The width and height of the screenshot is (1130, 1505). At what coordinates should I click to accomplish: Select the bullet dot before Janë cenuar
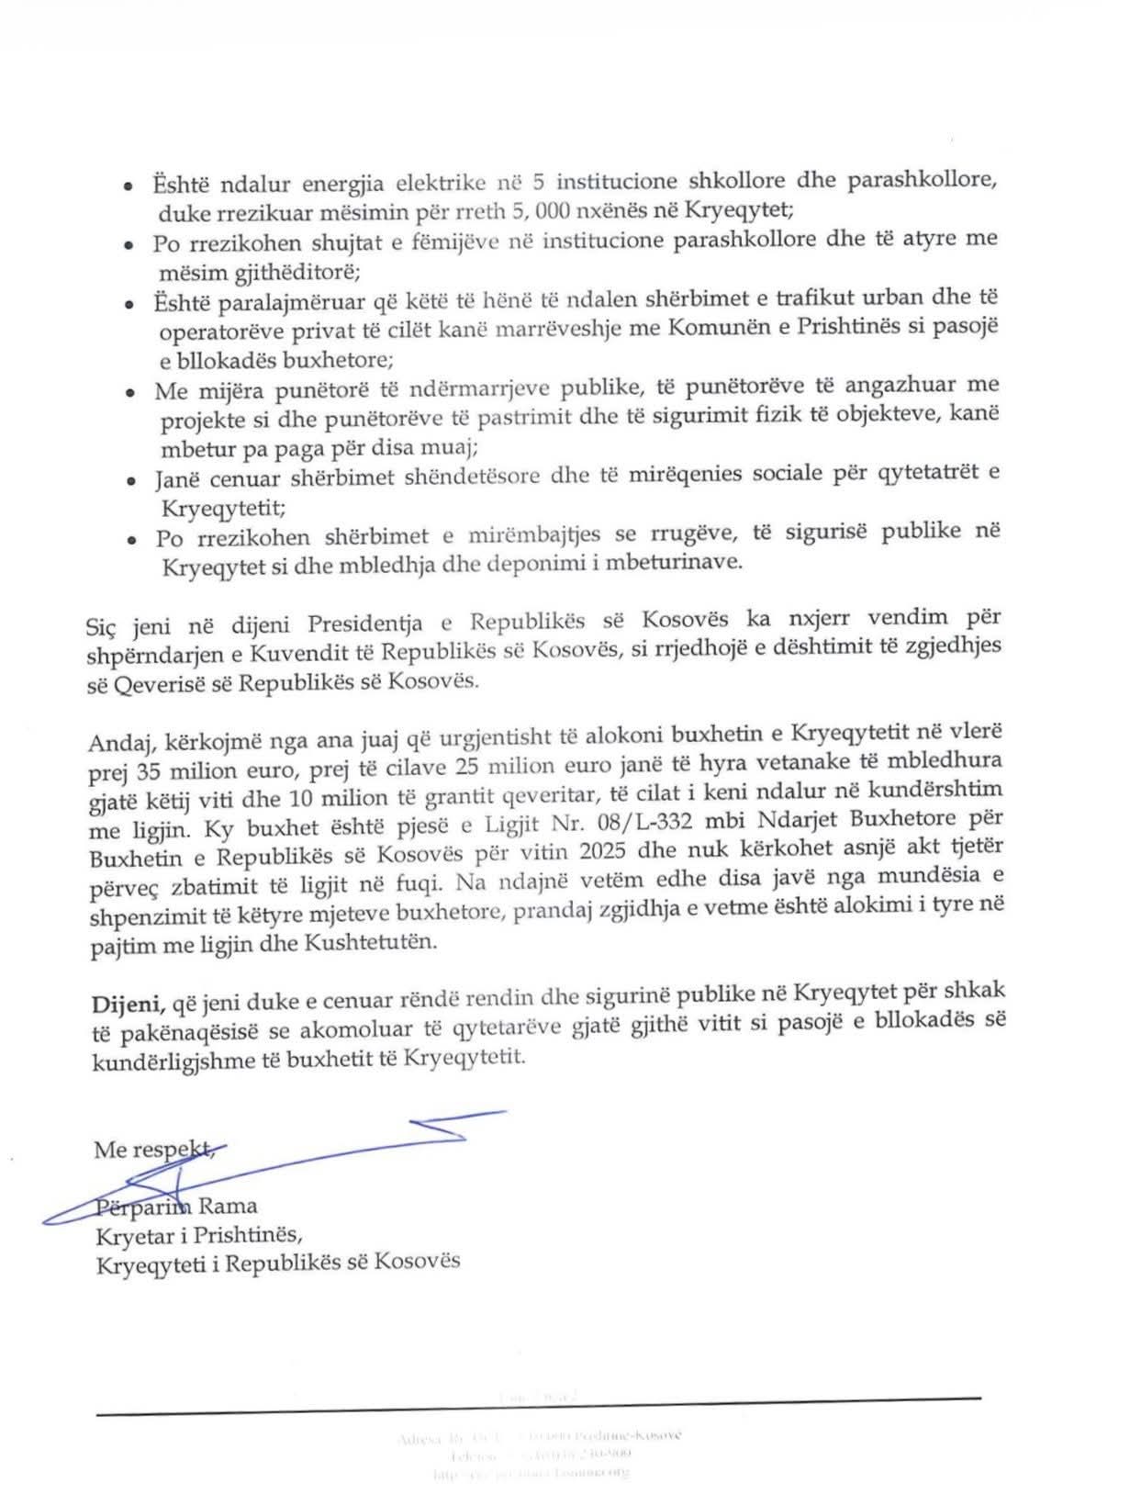coord(132,478)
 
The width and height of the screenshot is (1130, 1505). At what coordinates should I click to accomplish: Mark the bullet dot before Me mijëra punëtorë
coord(132,392)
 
